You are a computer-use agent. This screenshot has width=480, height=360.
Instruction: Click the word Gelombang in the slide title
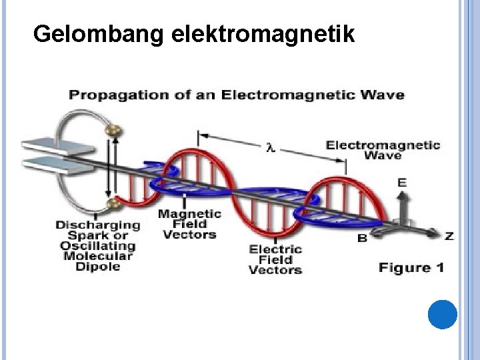pos(98,33)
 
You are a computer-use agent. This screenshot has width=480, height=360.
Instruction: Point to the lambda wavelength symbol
pos(271,147)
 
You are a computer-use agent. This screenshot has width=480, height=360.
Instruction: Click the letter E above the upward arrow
pos(402,182)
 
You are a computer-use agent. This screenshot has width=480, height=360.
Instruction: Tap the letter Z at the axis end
pos(449,236)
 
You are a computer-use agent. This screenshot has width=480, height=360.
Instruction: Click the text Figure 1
pos(411,268)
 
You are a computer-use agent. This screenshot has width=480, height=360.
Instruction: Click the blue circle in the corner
pos(441,315)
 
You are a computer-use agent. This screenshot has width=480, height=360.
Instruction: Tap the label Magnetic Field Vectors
pos(189,224)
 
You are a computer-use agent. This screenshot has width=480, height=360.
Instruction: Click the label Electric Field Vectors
pos(275,259)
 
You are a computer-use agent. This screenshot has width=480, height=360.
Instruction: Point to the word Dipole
pos(98,267)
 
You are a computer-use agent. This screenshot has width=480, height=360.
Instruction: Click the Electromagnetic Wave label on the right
pos(383,149)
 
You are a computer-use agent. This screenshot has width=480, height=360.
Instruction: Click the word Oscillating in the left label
pos(97,245)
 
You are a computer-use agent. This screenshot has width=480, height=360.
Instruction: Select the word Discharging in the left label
pos(98,225)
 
